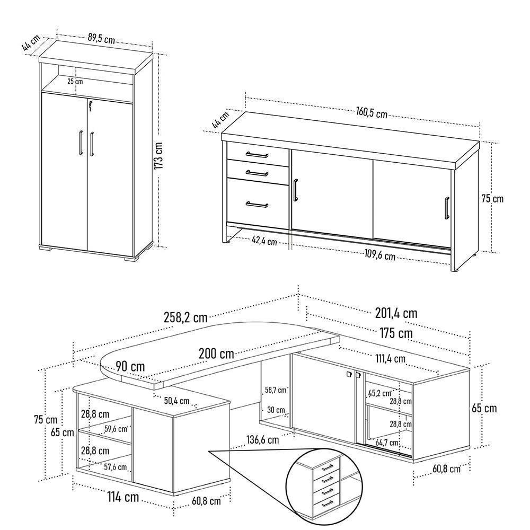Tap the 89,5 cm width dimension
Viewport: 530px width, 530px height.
(x=101, y=38)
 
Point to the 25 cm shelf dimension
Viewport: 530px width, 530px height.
(x=75, y=82)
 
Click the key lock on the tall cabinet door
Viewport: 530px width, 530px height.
(x=90, y=106)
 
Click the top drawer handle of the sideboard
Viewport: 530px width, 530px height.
(x=257, y=155)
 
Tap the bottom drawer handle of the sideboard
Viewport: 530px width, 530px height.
(x=257, y=205)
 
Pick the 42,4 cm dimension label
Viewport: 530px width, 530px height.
(x=264, y=241)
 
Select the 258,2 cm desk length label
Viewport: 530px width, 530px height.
(x=185, y=317)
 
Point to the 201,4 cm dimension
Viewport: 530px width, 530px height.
(x=396, y=313)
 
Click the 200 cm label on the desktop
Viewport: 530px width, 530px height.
(x=216, y=354)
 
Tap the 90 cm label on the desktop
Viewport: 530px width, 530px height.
(x=130, y=366)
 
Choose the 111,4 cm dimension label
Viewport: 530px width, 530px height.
(x=391, y=358)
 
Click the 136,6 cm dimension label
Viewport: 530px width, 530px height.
(x=263, y=440)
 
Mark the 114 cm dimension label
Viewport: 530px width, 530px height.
(x=123, y=497)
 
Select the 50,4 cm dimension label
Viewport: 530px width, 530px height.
(x=176, y=401)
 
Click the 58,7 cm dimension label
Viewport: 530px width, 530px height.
(x=276, y=390)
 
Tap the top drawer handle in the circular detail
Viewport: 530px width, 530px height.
(x=327, y=467)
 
